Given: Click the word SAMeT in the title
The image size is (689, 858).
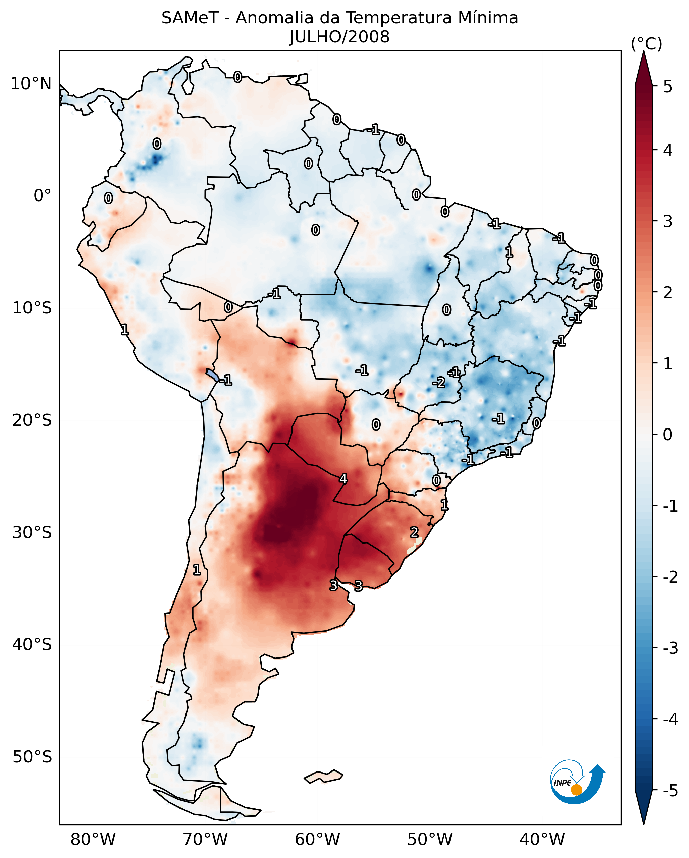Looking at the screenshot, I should (x=190, y=18).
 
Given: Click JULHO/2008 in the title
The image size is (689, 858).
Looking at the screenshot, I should (x=339, y=37).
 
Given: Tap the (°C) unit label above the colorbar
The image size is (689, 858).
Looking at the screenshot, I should (x=646, y=44).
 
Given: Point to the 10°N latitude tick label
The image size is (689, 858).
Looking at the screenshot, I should (x=31, y=84).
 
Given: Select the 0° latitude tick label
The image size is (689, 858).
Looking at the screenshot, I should (x=42, y=196).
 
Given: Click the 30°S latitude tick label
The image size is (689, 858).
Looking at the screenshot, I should (x=32, y=532).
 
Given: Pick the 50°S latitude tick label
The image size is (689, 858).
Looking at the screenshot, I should (x=32, y=757).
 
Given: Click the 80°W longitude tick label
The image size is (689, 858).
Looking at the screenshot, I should (x=93, y=840).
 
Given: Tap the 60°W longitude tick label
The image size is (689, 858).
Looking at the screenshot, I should (x=317, y=840).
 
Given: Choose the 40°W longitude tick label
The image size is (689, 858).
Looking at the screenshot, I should (x=542, y=840).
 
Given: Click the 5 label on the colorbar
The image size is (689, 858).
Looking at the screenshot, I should (x=668, y=87).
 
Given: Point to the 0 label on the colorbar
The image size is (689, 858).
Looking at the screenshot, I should (x=668, y=435).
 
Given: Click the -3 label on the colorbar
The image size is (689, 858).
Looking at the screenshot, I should (x=670, y=648).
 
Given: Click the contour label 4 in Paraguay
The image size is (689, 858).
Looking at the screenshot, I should (x=343, y=479).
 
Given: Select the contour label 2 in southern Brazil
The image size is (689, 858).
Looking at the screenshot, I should (x=414, y=532).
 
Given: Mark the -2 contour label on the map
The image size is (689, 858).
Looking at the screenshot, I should (x=439, y=383).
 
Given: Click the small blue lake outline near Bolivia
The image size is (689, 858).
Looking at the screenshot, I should (x=212, y=375).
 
